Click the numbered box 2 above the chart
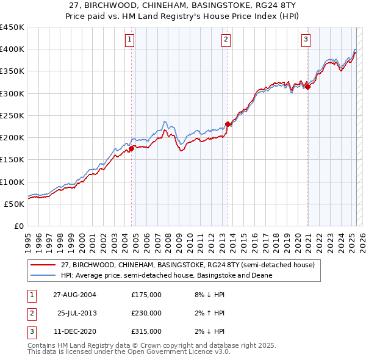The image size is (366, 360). [226, 40]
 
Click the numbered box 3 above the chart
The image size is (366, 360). [306, 40]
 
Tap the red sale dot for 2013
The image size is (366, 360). [228, 124]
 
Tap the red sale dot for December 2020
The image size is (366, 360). [307, 87]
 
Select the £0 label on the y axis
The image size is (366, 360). [18, 226]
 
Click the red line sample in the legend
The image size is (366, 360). [43, 265]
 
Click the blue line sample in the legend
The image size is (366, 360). [43, 275]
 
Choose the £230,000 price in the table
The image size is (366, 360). [146, 313]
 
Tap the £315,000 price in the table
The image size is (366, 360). [146, 331]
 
